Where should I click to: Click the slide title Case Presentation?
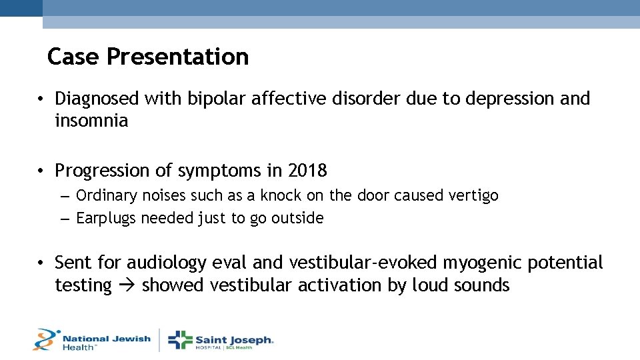pyautogui.click(x=148, y=57)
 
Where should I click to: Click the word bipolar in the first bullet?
pyautogui.click(x=210, y=99)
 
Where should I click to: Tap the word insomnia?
pyautogui.click(x=91, y=121)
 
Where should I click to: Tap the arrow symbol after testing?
pyautogui.click(x=127, y=286)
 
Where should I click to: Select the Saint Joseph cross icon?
pyautogui.click(x=179, y=339)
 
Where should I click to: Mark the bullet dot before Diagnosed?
pyautogui.click(x=41, y=99)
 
